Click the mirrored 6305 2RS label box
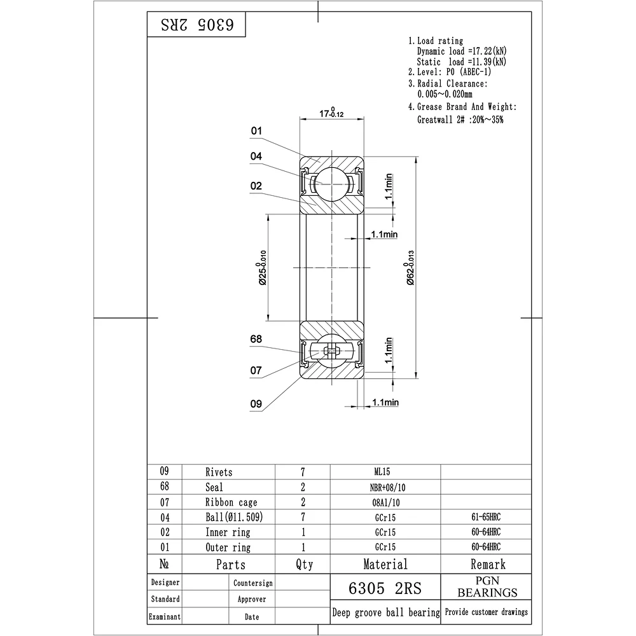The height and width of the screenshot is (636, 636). (x=197, y=24)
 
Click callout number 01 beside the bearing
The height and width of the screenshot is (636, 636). (x=256, y=131)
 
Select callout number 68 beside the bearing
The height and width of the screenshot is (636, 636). (x=256, y=339)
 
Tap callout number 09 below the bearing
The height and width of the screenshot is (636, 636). (x=256, y=404)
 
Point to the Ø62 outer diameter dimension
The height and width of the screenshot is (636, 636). (x=410, y=268)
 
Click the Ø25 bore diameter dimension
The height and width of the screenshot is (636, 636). (x=262, y=268)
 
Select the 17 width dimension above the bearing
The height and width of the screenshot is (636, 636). (x=331, y=113)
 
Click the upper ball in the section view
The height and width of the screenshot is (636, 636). (x=332, y=184)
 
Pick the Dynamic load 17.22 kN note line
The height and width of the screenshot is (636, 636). (x=462, y=51)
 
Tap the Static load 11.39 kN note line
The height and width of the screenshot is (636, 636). (x=462, y=62)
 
